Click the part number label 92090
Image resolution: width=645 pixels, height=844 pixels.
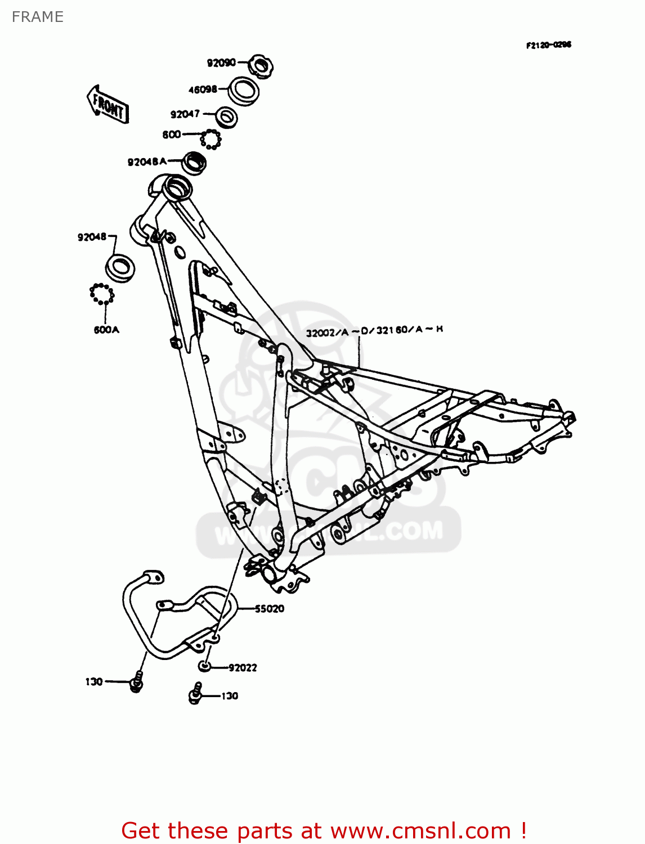[x=221, y=63]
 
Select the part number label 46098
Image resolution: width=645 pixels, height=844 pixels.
[x=203, y=89]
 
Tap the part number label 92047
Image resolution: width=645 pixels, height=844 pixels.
[x=185, y=114]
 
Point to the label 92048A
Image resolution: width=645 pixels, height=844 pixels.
[x=147, y=162]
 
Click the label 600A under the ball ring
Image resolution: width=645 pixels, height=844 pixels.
[x=106, y=330]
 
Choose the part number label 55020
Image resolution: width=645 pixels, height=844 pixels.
[x=270, y=609]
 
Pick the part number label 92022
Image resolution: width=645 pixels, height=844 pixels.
[x=243, y=668]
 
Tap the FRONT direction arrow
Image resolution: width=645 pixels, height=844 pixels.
[x=108, y=105]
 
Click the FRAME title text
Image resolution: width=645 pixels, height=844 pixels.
[x=38, y=17]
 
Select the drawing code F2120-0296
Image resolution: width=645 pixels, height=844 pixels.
[x=548, y=45]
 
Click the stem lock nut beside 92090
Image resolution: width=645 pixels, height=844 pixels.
[x=260, y=66]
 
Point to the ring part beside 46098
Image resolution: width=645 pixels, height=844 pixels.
[x=244, y=91]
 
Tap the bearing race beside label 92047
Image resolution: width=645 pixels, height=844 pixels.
[x=227, y=117]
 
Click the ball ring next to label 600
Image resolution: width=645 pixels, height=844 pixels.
[x=210, y=138]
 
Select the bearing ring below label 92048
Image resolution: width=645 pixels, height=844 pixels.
[x=120, y=268]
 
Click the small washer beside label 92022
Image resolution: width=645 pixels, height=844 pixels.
[x=204, y=667]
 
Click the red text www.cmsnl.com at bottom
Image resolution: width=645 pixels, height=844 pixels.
[x=420, y=830]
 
